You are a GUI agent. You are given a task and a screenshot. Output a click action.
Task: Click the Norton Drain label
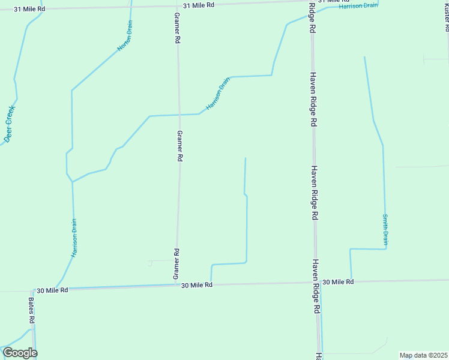click(125, 36)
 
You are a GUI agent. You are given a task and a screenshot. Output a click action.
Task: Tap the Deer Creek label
click(9, 124)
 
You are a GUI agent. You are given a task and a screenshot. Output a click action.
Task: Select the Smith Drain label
click(385, 230)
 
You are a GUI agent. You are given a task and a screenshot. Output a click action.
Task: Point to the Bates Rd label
click(31, 309)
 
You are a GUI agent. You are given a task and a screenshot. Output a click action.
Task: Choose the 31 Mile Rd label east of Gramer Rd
click(199, 5)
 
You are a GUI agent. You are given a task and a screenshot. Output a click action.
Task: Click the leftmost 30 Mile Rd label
click(52, 290)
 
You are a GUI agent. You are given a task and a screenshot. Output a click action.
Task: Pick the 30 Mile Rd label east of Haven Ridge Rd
click(338, 281)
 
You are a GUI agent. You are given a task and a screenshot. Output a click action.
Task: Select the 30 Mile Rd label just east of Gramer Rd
click(197, 285)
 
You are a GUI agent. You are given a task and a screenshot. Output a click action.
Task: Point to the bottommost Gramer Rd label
click(176, 264)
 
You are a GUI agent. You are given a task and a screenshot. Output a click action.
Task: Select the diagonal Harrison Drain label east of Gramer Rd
click(218, 93)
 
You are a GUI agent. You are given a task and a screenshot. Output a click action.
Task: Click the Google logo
click(20, 353)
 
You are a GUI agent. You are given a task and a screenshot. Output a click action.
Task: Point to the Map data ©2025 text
click(424, 355)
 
